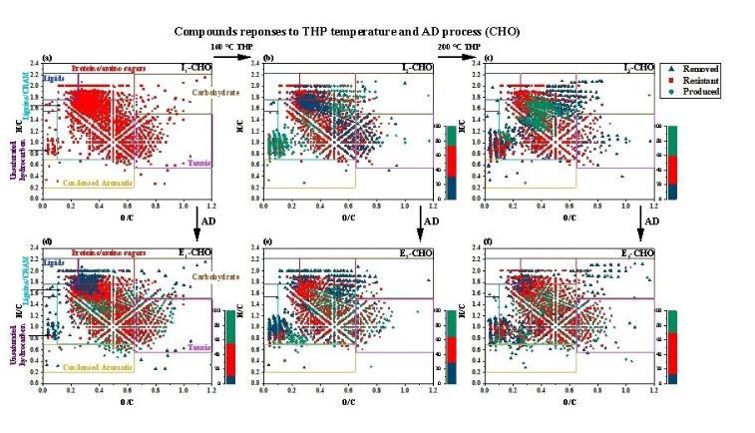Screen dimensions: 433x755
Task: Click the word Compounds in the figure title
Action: (x=205, y=31)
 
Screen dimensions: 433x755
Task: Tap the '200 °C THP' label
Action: (x=452, y=48)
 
